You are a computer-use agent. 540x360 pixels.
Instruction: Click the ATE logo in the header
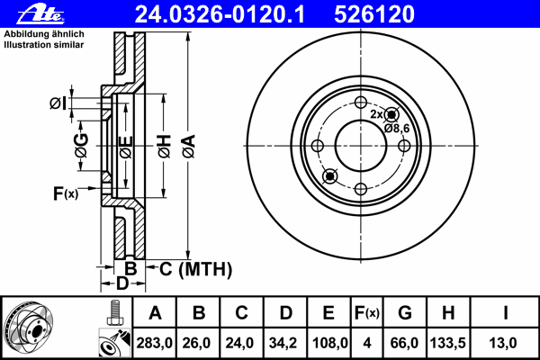click(40, 14)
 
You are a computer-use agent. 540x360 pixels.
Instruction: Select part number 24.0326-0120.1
click(220, 14)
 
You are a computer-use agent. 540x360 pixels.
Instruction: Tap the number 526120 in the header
click(374, 14)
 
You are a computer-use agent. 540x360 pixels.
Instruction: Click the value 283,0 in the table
click(154, 343)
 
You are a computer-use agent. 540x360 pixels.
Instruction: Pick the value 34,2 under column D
click(283, 343)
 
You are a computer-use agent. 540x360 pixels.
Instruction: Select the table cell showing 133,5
click(447, 343)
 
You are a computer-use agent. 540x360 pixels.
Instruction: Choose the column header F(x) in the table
click(367, 313)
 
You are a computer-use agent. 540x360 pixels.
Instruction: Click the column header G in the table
click(405, 313)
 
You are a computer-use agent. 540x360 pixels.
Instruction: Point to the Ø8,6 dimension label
click(397, 129)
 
